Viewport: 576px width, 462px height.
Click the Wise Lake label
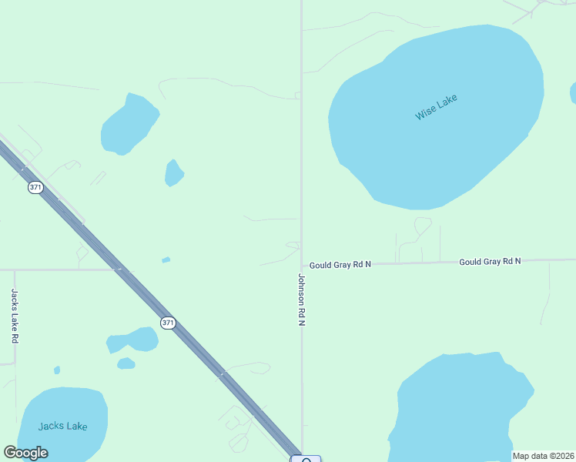click(436, 107)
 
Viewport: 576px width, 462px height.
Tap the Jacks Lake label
click(63, 426)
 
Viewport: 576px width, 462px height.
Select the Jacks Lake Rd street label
click(15, 316)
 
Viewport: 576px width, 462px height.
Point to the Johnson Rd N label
click(302, 300)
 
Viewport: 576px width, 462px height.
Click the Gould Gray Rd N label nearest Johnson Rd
click(340, 264)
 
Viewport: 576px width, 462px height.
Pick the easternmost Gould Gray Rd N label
click(490, 262)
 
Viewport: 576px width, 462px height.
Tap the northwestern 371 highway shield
click(35, 187)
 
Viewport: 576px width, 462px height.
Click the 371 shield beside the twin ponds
click(168, 323)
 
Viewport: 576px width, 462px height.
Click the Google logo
click(25, 453)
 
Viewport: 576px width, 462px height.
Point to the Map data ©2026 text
click(543, 456)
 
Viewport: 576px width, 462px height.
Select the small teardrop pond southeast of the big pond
click(174, 173)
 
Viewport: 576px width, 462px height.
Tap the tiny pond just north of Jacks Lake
click(57, 370)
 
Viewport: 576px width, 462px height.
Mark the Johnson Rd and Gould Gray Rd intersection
click(302, 264)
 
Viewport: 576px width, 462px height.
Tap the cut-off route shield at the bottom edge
click(306, 459)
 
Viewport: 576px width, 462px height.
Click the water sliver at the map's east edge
click(573, 92)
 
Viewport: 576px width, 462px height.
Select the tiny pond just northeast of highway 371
click(166, 260)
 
